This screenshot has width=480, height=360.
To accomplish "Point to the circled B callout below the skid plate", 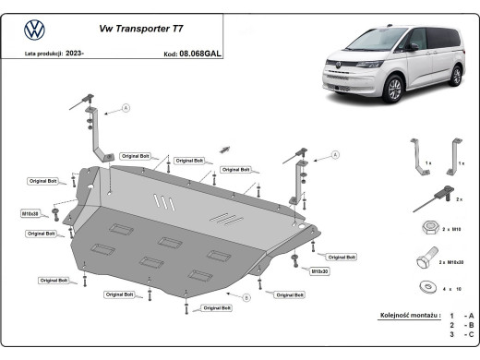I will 246,297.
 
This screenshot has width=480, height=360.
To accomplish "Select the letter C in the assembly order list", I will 471,336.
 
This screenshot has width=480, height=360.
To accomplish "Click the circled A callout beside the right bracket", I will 335,154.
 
